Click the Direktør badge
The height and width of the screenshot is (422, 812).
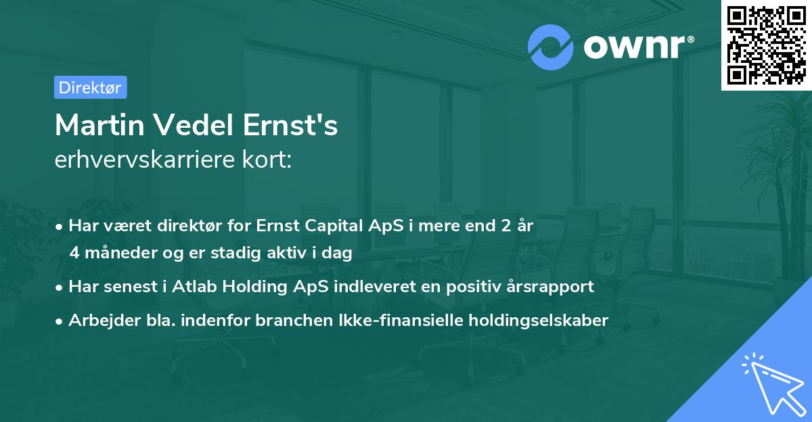click(90, 87)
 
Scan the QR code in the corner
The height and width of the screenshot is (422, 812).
click(767, 45)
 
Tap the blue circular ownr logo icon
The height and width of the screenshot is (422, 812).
click(551, 47)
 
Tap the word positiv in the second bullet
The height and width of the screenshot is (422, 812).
click(472, 286)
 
